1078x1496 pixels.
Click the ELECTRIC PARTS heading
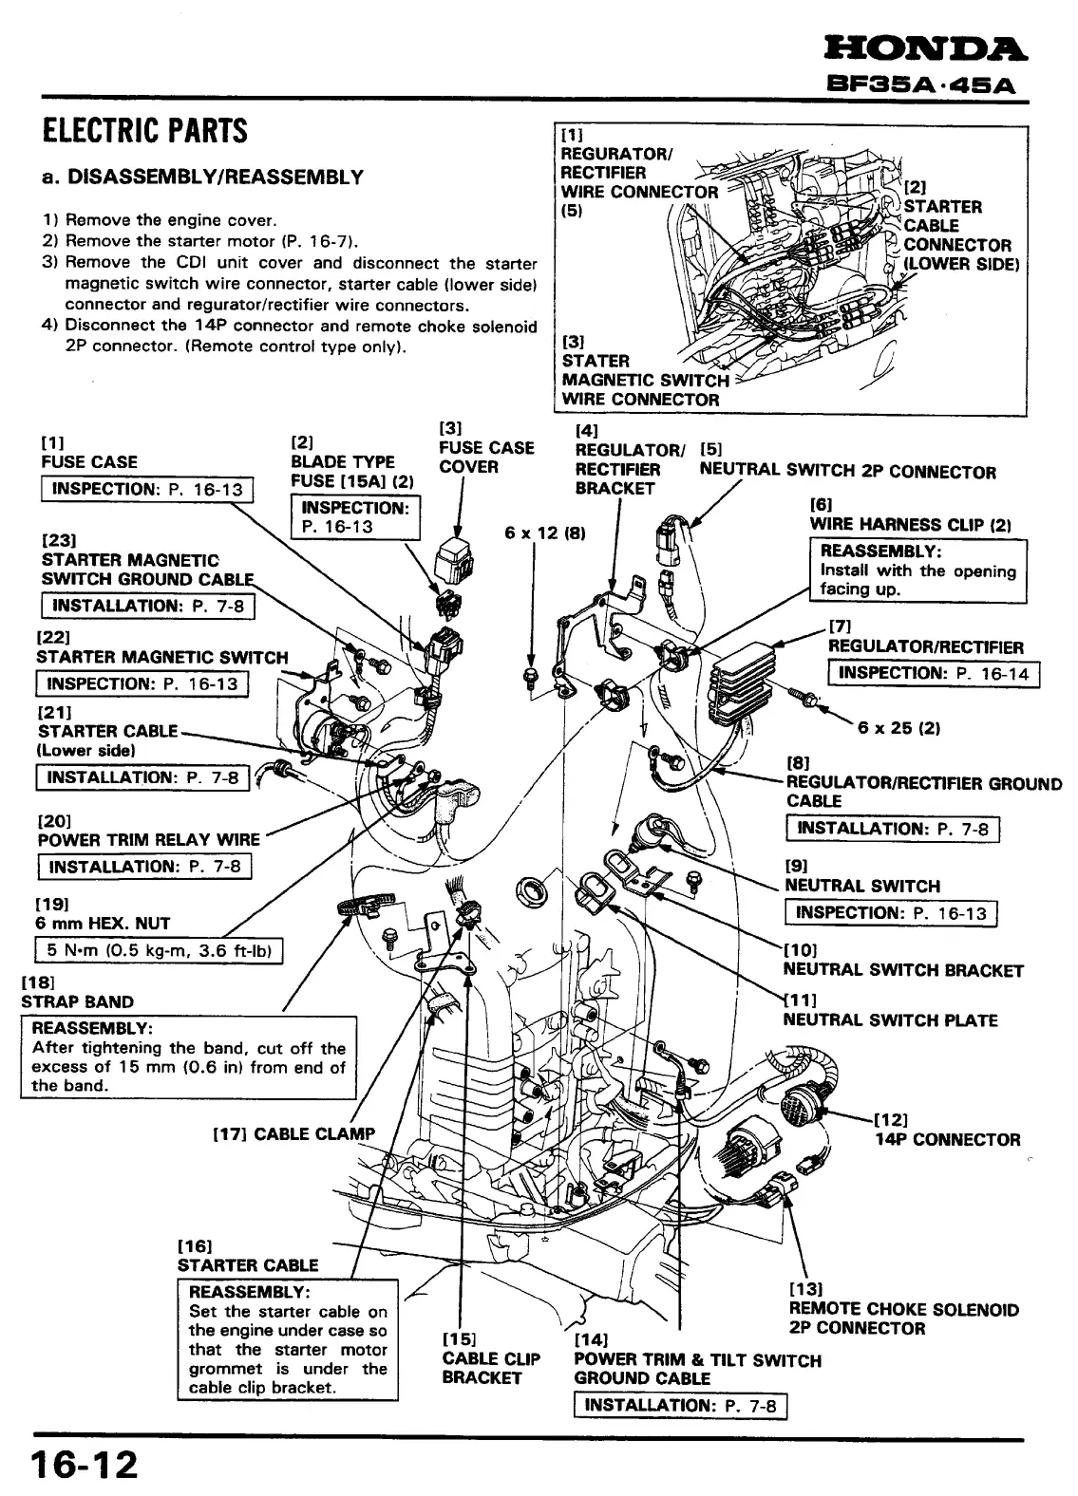point(145,130)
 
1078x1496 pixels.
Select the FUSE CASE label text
point(89,462)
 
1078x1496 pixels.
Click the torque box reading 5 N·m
point(159,950)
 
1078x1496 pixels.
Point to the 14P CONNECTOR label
point(947,1139)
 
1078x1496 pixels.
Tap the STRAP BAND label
point(78,1001)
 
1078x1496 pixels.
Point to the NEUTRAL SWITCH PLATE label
point(890,1020)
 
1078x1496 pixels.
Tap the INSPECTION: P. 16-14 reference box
point(934,674)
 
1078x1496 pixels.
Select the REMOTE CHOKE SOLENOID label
point(903,1310)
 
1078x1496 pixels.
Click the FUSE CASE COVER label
point(486,458)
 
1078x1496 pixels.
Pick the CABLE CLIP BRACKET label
point(490,1368)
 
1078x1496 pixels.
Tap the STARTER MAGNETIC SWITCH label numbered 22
point(162,657)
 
